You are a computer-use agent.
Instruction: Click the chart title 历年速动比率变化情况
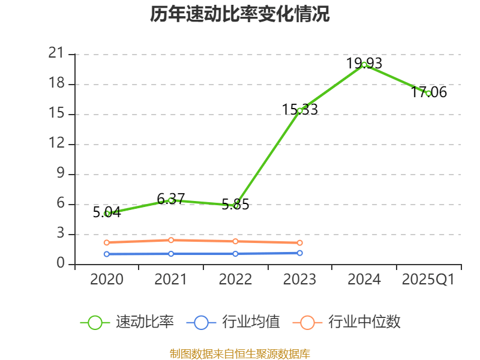tap(240, 14)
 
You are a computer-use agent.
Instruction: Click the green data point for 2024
tap(364, 64)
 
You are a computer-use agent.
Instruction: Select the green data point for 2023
tap(300, 110)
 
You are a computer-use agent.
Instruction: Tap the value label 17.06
tap(428, 92)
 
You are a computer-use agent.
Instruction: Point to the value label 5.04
tap(107, 212)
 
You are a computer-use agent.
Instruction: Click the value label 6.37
tap(171, 199)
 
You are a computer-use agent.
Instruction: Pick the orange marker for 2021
tap(171, 240)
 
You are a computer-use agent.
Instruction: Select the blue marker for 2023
tap(300, 253)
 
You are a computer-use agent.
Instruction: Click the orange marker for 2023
tap(300, 242)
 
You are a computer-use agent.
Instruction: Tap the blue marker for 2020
tap(107, 254)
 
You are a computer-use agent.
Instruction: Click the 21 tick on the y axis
tap(56, 54)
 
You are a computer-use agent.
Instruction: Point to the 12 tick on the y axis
tap(56, 144)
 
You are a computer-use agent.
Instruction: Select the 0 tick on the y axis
tap(60, 264)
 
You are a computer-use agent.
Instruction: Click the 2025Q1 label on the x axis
tap(428, 279)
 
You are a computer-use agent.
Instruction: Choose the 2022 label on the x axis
tap(235, 279)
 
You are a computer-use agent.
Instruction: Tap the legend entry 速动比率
tap(145, 322)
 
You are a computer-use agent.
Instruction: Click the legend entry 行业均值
tap(251, 322)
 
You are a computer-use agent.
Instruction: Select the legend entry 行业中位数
tap(364, 322)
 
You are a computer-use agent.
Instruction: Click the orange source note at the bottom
tap(240, 353)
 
